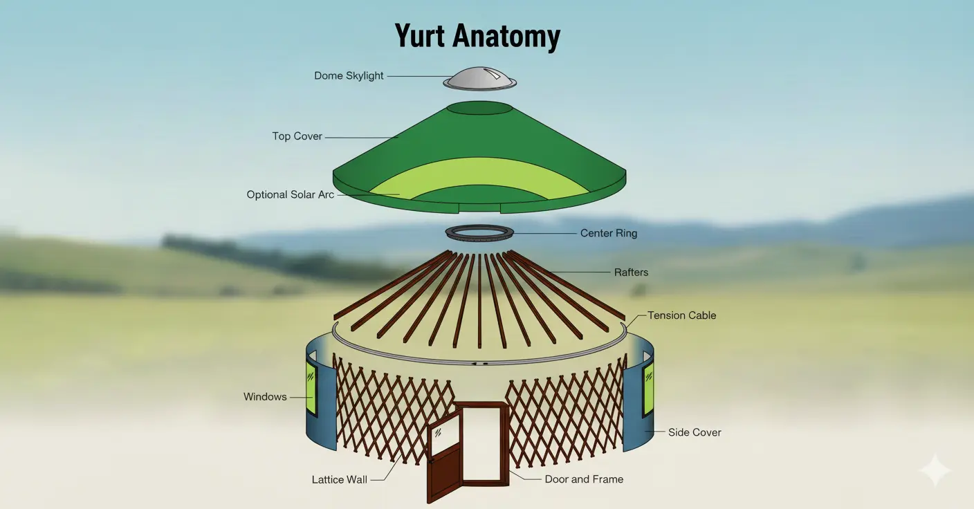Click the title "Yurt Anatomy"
click(477, 36)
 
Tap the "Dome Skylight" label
click(349, 75)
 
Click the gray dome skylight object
click(480, 79)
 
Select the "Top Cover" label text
click(297, 136)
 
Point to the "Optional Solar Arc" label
click(290, 194)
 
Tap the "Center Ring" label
click(609, 233)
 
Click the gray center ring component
click(480, 233)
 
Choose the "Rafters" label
click(632, 272)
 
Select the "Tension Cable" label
click(681, 315)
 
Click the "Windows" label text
click(265, 396)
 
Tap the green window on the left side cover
click(311, 387)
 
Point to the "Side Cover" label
click(695, 432)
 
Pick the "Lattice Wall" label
click(339, 479)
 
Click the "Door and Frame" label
click(584, 479)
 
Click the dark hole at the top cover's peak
click(479, 109)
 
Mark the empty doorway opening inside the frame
click(484, 443)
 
